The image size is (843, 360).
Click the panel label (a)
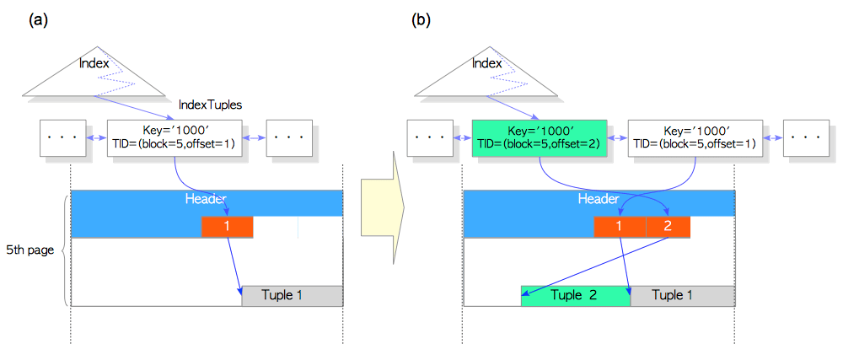pos(39,18)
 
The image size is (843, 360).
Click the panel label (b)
pos(421,18)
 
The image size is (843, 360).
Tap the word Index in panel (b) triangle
pos(486,63)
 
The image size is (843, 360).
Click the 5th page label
pos(30,250)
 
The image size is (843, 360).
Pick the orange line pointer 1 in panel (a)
pos(227,227)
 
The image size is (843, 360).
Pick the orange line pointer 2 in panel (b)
pos(668,227)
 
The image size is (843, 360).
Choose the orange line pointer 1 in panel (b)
pos(620,227)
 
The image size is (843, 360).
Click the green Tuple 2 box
pos(575,296)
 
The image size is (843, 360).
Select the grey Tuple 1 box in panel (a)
pos(292,296)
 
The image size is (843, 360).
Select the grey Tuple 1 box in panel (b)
pos(682,296)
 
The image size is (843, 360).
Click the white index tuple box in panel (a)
pos(174,137)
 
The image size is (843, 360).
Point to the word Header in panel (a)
pos(206,199)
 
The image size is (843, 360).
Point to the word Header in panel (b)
pos(598,199)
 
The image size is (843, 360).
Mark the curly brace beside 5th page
pos(66,250)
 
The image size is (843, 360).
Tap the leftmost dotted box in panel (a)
pos(62,137)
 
